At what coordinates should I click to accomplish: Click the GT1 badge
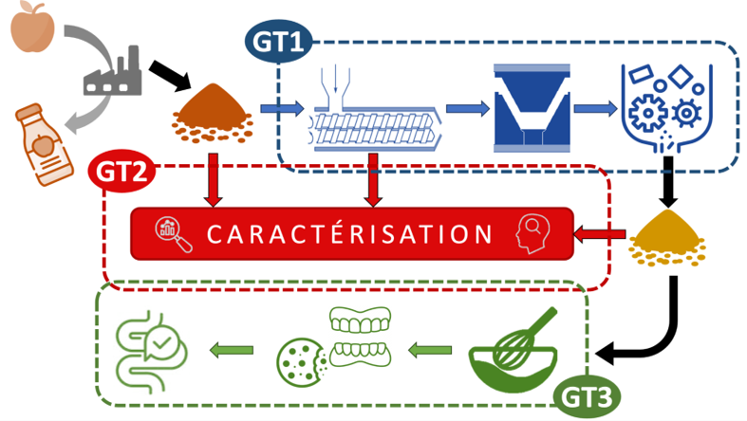(x=278, y=41)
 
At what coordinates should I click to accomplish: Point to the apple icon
(x=31, y=27)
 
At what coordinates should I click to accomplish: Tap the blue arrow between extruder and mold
(x=466, y=107)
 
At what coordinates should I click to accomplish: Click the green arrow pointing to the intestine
(x=232, y=353)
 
